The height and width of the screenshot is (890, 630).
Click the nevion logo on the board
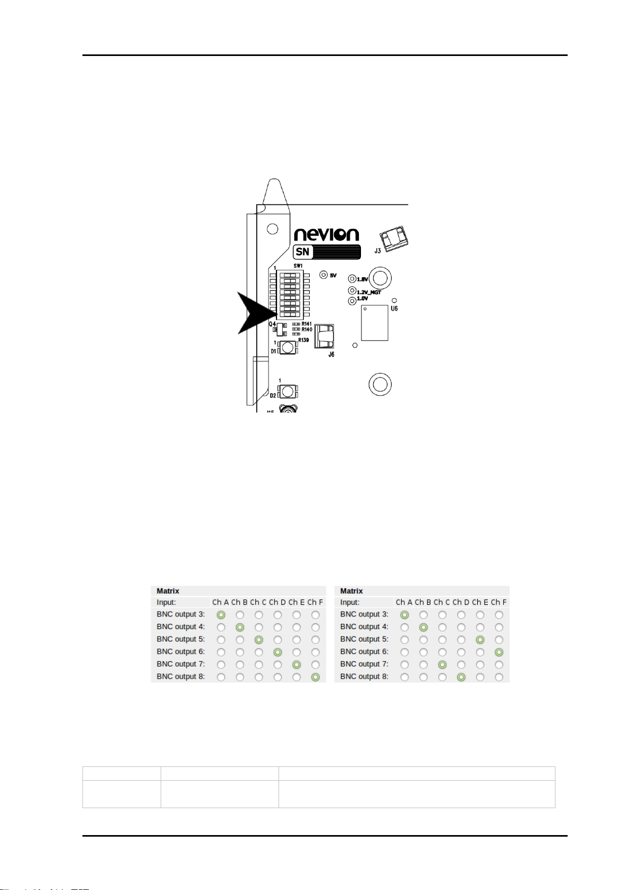pos(326,235)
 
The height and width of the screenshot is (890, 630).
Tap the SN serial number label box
pos(327,252)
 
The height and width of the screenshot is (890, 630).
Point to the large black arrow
pos(254,313)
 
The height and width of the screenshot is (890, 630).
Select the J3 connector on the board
pos(394,238)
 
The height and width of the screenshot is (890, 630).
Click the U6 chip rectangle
pos(375,323)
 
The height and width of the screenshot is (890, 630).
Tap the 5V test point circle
pos(324,275)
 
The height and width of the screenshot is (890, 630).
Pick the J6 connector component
pos(325,336)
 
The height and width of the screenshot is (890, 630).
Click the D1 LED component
pos(288,348)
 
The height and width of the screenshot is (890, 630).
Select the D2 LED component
pos(288,391)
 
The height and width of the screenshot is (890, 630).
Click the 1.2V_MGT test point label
pos(369,292)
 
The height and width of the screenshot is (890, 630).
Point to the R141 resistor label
pos(307,324)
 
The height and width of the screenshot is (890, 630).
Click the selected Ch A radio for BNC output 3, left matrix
pos(221,615)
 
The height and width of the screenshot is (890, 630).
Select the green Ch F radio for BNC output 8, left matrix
pos(316,677)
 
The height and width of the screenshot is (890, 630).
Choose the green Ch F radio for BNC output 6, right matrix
pos(499,652)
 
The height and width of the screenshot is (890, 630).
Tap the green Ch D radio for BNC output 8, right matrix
pos(461,677)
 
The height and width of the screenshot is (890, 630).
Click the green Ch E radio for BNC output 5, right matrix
pos(480,640)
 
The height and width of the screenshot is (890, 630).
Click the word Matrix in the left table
pos(168,591)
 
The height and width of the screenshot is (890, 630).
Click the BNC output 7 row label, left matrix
pos(181,664)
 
